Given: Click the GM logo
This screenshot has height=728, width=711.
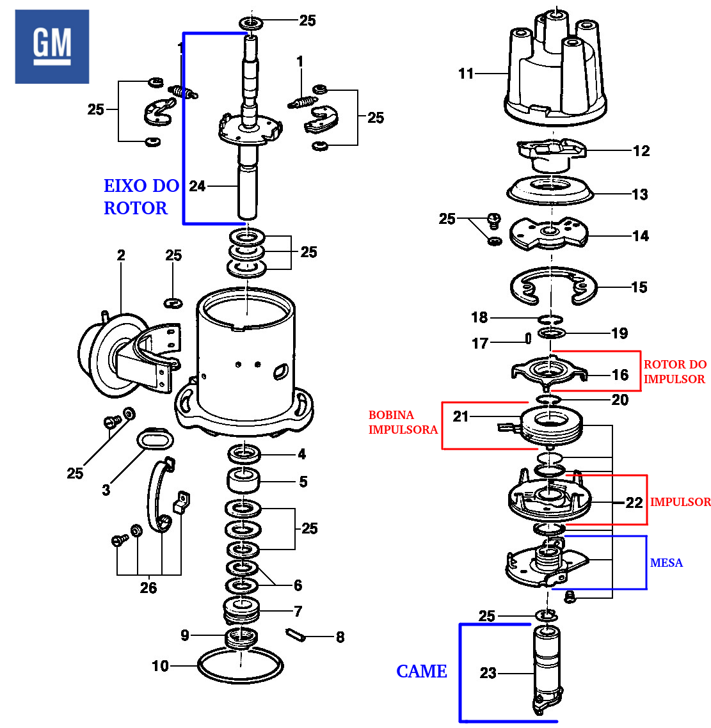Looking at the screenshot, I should click(x=52, y=46).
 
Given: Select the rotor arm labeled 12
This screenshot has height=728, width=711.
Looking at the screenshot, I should click(x=550, y=154).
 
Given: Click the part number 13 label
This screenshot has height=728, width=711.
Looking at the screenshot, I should click(x=640, y=194).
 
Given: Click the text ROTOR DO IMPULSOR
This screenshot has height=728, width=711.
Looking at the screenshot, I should click(x=675, y=372).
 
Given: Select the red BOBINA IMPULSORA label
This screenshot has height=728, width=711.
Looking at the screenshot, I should click(x=403, y=422).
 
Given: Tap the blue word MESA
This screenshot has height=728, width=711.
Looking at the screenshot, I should click(x=666, y=563).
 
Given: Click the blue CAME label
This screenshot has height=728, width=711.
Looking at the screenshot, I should click(x=422, y=671).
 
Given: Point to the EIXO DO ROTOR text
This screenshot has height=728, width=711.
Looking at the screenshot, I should click(x=141, y=197).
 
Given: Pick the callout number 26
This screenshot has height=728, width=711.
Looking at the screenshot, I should click(x=148, y=587).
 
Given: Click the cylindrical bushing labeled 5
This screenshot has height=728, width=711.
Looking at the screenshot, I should click(x=244, y=481).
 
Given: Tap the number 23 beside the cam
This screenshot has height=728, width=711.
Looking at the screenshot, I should click(x=488, y=673).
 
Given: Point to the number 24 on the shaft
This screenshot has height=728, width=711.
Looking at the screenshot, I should click(x=197, y=186).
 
